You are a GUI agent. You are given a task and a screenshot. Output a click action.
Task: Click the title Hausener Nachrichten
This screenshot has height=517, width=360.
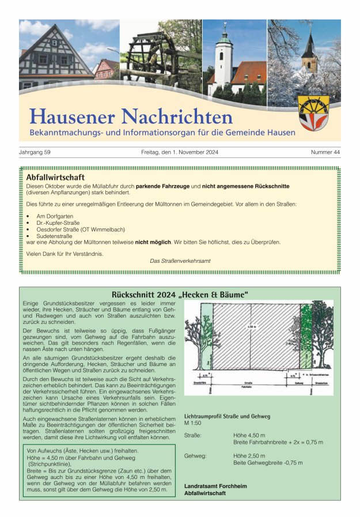coord(131,116)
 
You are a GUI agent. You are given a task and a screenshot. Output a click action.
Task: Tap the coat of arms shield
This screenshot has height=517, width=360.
coord(314,114)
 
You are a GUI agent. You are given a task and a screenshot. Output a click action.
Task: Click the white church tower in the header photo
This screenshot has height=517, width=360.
coord(223,61)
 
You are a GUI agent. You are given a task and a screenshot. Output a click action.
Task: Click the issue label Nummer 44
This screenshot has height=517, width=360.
coord(325,152)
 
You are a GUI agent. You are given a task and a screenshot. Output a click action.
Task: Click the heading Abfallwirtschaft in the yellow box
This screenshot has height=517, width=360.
coord(55,178)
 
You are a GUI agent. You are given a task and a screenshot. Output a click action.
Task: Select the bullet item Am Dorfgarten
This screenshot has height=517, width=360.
coord(55,216)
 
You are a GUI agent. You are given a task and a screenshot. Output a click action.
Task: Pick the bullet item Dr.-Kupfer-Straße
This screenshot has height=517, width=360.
coord(58,222)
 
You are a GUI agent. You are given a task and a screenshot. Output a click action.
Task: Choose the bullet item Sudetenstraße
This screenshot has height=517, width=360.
coord(55,236)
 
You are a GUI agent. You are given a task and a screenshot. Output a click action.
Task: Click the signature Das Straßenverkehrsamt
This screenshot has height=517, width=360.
coord(180,261)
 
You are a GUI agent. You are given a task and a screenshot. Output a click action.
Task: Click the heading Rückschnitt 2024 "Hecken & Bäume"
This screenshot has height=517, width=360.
coord(180,295)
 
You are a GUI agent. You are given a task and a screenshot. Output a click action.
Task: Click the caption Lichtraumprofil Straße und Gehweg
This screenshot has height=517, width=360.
coord(227,416)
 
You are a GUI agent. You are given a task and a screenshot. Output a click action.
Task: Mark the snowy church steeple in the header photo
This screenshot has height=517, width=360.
coord(310,49)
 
